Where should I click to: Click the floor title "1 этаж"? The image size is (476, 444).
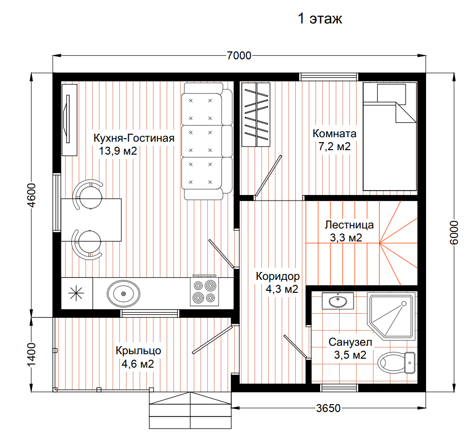point(320,18)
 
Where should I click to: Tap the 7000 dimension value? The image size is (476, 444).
point(239,55)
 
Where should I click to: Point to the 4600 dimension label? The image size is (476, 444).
point(31,196)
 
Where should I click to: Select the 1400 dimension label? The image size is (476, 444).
point(31,355)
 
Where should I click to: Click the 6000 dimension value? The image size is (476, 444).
point(454,232)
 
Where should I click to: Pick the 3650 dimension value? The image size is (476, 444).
point(328,408)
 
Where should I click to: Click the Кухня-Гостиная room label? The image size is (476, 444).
point(134,138)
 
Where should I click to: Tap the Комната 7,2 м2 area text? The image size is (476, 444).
point(335,147)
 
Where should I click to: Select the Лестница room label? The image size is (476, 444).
point(349,224)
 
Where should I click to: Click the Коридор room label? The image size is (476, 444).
point(278,276)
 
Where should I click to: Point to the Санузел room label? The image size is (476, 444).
point(350,342)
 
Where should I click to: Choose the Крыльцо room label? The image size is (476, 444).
point(138,351)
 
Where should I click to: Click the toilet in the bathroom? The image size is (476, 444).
point(397,362)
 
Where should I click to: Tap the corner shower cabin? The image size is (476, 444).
point(391,316)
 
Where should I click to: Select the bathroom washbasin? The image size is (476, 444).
point(338,300)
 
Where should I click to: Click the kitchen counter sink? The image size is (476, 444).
point(123,293)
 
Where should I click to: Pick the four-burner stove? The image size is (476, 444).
point(204,291)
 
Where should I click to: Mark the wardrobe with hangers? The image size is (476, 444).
point(256,115)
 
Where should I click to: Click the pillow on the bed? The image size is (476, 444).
point(391,93)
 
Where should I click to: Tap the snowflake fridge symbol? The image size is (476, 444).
point(76,293)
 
